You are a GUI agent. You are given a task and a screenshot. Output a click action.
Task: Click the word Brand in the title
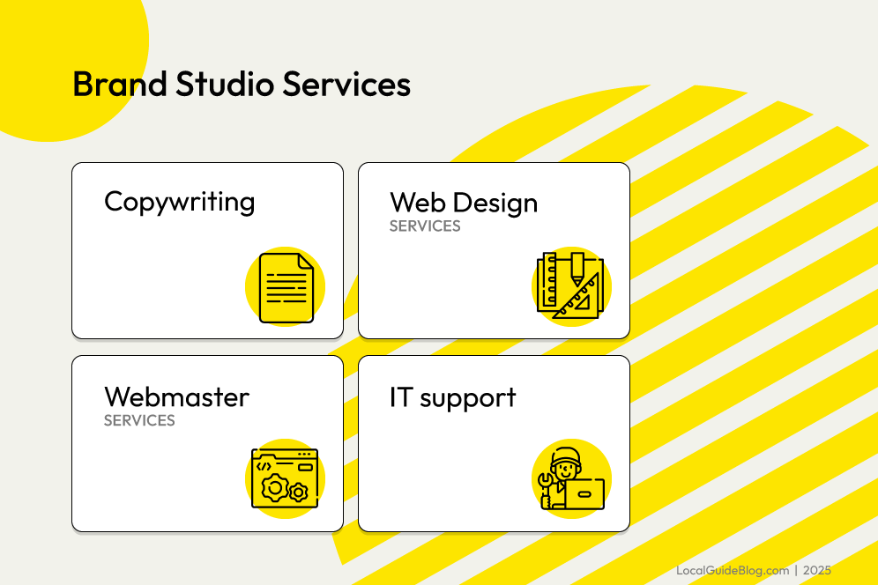(x=120, y=85)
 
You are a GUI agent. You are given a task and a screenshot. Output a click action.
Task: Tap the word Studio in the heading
(x=225, y=85)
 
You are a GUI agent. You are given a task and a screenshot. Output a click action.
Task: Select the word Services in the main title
(x=346, y=85)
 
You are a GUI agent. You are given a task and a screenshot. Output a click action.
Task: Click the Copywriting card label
(x=179, y=202)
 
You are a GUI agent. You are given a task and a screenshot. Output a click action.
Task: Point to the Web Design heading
(x=464, y=203)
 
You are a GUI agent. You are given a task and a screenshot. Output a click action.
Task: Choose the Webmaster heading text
(x=176, y=397)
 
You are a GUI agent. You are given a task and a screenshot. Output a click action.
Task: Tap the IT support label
(x=452, y=398)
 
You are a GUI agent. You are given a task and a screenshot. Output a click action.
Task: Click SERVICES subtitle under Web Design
(x=425, y=226)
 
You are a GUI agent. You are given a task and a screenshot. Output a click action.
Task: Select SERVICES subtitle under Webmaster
(x=139, y=420)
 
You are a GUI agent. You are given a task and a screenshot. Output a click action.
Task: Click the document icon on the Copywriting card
(x=286, y=288)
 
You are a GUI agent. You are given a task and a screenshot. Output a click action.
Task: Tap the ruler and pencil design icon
(x=570, y=286)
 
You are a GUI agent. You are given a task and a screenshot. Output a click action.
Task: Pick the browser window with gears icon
(x=285, y=478)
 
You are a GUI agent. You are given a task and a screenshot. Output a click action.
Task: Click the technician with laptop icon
(x=571, y=478)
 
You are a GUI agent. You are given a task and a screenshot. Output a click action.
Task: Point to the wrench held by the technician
(x=546, y=481)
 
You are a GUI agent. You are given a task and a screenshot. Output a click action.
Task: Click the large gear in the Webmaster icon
(x=275, y=487)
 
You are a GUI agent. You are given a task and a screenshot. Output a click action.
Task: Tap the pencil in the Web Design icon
(x=577, y=269)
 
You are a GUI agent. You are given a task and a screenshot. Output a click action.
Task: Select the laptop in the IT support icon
(x=584, y=494)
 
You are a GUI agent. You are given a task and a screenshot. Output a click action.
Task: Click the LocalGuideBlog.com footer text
(x=733, y=570)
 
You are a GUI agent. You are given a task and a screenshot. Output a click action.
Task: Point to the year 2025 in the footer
(x=817, y=570)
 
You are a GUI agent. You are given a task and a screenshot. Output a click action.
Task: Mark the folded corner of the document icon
(x=306, y=262)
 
